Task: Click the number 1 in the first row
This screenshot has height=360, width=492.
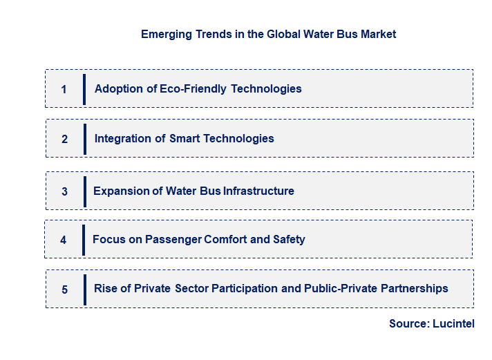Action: [64, 89]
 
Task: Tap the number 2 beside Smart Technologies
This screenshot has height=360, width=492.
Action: [65, 139]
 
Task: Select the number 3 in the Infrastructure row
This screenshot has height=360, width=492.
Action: [65, 191]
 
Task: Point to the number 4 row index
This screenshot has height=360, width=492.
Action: [64, 240]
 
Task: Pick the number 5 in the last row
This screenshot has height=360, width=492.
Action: [65, 290]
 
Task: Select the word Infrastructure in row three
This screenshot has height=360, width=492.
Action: [258, 191]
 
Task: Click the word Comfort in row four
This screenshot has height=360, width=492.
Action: [227, 240]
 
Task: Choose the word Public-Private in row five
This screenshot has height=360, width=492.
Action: [340, 289]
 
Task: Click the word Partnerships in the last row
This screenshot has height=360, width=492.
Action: [414, 289]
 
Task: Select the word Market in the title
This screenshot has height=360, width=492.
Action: [378, 34]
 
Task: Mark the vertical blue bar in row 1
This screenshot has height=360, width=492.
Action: [84, 89]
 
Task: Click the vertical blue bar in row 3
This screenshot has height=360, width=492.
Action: [84, 191]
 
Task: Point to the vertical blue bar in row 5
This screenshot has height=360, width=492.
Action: [84, 290]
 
